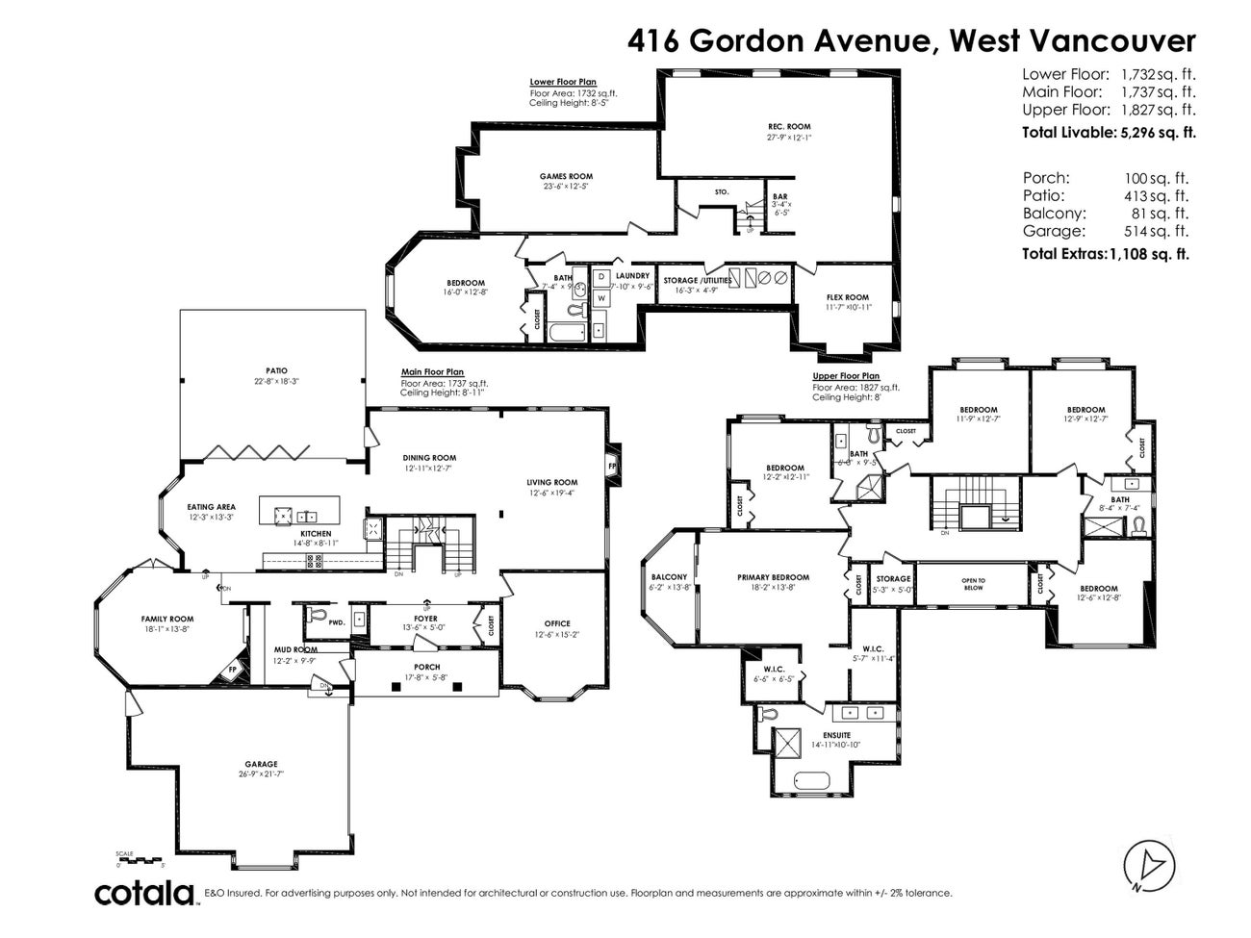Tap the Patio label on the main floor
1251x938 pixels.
[x=277, y=370]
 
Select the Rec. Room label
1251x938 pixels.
[x=788, y=127]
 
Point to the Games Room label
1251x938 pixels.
[x=566, y=176]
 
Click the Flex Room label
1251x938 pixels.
[x=848, y=297]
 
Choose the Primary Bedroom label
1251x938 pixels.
[x=773, y=577]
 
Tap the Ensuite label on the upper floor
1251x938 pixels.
[x=823, y=735]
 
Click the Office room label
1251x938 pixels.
[x=557, y=623]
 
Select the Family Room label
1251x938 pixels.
[x=167, y=619]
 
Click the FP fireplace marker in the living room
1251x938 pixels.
[x=611, y=467]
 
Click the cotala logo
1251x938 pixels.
[x=145, y=893]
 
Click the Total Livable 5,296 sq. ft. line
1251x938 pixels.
[x=1109, y=133]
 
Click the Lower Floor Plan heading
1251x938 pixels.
[x=562, y=82]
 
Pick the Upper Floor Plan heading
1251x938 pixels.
[x=846, y=376]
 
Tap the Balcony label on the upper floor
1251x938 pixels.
[x=669, y=577]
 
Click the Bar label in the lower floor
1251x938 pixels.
[x=779, y=196]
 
